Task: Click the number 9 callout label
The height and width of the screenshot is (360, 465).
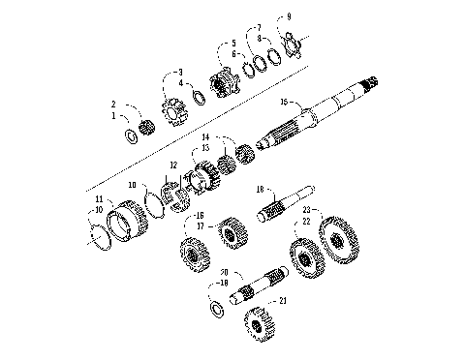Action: click(288, 16)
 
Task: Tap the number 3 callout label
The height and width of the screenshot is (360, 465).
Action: click(178, 72)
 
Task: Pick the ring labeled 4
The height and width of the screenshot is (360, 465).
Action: click(200, 95)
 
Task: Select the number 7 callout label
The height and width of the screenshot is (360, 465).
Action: click(258, 28)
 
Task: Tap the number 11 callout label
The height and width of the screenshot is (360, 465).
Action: click(98, 199)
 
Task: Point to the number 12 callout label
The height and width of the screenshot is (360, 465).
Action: click(173, 165)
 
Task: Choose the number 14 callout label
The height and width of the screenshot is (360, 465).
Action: click(206, 138)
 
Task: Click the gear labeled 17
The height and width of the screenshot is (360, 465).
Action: click(230, 233)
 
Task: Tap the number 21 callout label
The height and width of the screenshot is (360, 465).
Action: click(283, 300)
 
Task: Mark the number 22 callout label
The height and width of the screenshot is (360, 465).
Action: click(306, 222)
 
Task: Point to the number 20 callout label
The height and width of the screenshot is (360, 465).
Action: click(223, 272)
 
